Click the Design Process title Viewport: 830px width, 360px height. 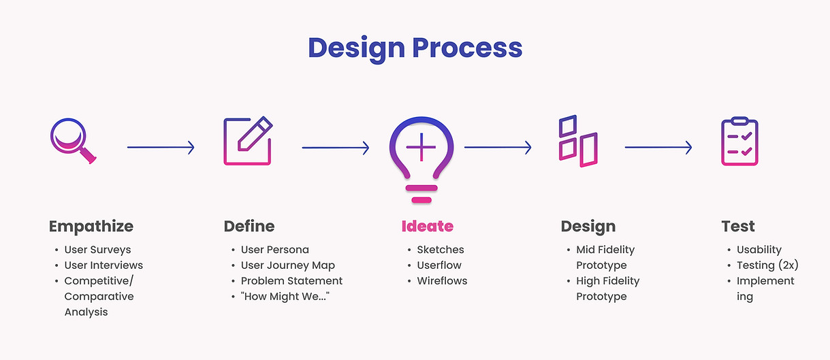click(x=415, y=49)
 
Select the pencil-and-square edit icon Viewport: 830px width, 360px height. click(x=248, y=141)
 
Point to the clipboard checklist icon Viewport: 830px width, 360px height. click(x=739, y=141)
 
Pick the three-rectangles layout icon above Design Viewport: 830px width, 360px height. click(x=578, y=141)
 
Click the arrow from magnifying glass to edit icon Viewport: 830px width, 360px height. click(x=161, y=148)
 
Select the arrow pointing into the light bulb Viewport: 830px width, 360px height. click(x=336, y=148)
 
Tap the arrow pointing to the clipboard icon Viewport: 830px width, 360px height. click(x=658, y=148)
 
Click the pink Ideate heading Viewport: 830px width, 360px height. click(x=428, y=227)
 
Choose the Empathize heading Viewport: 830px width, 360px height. click(x=91, y=227)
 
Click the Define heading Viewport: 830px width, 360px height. click(x=249, y=227)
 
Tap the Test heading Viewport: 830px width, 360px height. click(x=738, y=227)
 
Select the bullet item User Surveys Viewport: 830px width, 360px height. click(x=98, y=250)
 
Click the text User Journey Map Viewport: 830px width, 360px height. click(x=288, y=265)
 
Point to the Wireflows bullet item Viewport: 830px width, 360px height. click(x=442, y=281)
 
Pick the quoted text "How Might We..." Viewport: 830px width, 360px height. click(x=285, y=296)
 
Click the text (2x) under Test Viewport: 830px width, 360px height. click(x=788, y=265)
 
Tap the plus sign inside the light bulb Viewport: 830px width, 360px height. click(x=421, y=148)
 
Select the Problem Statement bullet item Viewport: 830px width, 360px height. click(x=291, y=281)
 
